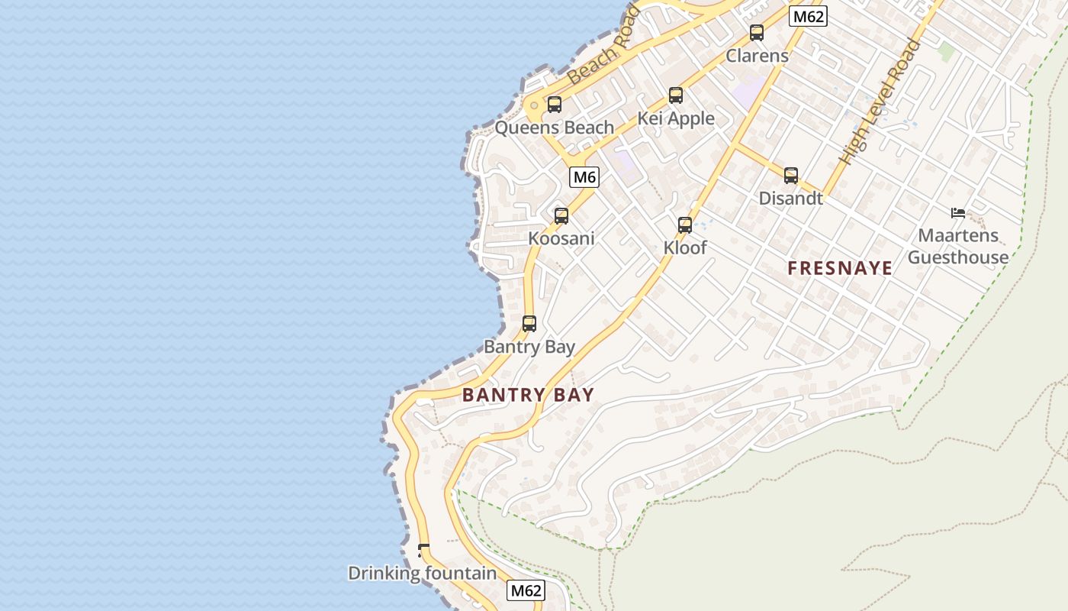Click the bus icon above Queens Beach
pos(555,105)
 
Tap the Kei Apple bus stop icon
pos(676,95)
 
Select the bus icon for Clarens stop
pos(757,33)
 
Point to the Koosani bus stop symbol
pos(561,216)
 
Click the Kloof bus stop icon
pos(685,225)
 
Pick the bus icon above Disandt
pos(791,176)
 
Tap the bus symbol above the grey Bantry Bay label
pos(529,324)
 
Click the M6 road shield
pos(584,177)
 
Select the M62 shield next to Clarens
pos(808,16)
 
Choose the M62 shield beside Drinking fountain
pos(526,590)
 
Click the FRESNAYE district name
pos(840,268)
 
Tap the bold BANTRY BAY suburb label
pos(528,395)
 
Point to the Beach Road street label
pos(604,45)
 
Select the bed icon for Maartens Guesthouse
pos(958,213)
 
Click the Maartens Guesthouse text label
pos(958,246)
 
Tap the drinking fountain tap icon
pos(423,550)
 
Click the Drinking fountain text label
pos(422,573)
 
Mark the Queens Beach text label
pos(555,128)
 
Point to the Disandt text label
pos(791,198)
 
